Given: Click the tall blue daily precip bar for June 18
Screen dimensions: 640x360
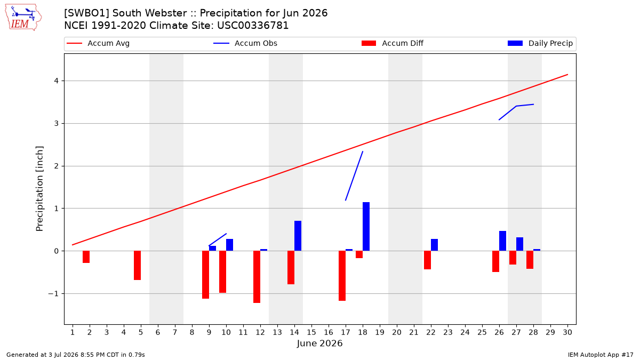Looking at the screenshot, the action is pyautogui.click(x=366, y=227).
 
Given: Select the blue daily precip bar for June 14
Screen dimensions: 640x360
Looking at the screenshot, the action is pyautogui.click(x=298, y=236).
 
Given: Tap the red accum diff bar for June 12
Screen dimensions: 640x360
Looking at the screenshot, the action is pyautogui.click(x=257, y=277).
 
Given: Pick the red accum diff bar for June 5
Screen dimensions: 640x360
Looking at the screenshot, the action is pyautogui.click(x=137, y=266).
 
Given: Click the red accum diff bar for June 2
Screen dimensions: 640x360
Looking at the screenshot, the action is pyautogui.click(x=86, y=257).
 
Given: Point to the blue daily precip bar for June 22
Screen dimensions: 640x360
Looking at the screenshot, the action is pyautogui.click(x=434, y=245).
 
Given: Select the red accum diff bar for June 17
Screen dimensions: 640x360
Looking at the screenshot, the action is pyautogui.click(x=342, y=276).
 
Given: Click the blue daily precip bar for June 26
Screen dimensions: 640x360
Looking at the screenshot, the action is pyautogui.click(x=502, y=241).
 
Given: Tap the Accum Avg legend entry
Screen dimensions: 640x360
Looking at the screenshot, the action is pyautogui.click(x=98, y=43).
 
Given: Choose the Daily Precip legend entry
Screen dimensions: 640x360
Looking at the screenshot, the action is pyautogui.click(x=540, y=43).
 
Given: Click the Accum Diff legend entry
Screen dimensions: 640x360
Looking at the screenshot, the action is pyautogui.click(x=393, y=43).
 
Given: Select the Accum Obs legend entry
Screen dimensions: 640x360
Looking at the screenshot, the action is pyautogui.click(x=245, y=43).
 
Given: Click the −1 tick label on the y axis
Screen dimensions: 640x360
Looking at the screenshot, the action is pyautogui.click(x=53, y=294).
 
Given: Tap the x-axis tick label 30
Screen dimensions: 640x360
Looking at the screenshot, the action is pyautogui.click(x=567, y=332).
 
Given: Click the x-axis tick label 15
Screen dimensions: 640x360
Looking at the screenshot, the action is pyautogui.click(x=311, y=332).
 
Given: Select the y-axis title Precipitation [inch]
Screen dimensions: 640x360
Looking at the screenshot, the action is pyautogui.click(x=39, y=189).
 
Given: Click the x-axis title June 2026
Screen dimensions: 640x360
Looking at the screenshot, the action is pyautogui.click(x=319, y=343).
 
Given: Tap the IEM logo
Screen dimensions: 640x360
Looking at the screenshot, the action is pyautogui.click(x=23, y=18).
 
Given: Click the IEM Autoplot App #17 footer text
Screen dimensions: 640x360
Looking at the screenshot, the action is pyautogui.click(x=601, y=355).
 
